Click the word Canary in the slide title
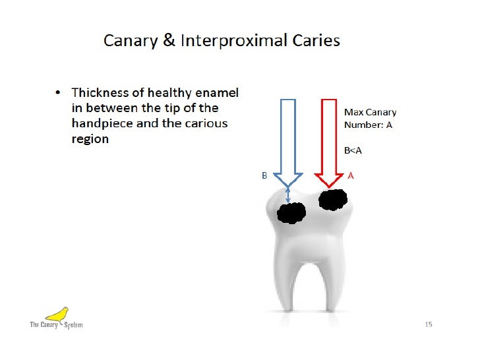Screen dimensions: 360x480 click(x=129, y=41)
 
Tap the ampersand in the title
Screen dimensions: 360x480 click(x=168, y=41)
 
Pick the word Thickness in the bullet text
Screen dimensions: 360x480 click(x=100, y=92)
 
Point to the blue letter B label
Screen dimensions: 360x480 click(x=264, y=176)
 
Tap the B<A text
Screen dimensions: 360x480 click(x=353, y=150)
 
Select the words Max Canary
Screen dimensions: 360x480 click(x=370, y=113)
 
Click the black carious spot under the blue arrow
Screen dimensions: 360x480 click(x=291, y=212)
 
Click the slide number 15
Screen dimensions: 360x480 click(x=428, y=324)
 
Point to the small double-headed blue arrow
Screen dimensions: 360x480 click(x=287, y=194)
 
